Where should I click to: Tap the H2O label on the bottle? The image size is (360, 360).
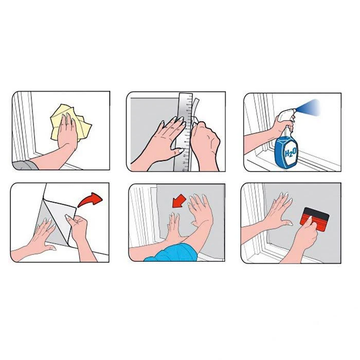click(x=291, y=152)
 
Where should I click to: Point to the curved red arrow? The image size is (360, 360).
click(x=90, y=200)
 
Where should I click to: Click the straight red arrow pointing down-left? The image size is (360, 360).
click(x=179, y=202)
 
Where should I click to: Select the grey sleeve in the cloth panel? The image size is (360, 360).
click(x=25, y=165)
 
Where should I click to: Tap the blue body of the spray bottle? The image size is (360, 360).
click(x=286, y=152)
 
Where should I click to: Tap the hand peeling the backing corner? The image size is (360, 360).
click(x=78, y=226)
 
